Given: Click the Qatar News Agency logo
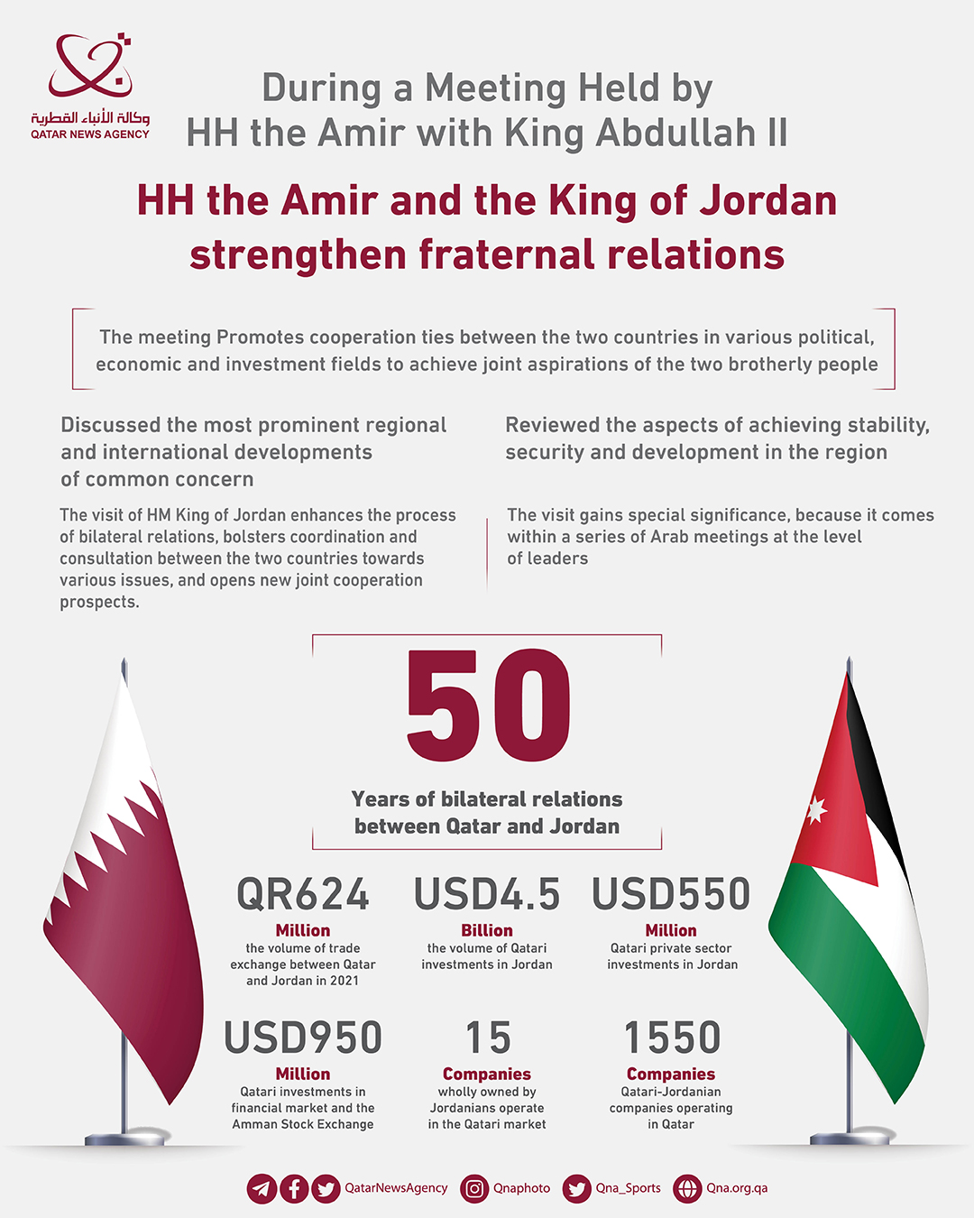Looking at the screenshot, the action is (90, 87).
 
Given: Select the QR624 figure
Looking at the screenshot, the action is (303, 894).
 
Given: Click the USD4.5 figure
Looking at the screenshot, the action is (487, 894).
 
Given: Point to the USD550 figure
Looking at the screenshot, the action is (671, 894).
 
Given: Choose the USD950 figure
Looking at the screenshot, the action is (303, 1038).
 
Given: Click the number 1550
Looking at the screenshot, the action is (672, 1038).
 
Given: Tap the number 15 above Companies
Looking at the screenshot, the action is (488, 1038).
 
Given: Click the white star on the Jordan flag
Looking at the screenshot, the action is (816, 809).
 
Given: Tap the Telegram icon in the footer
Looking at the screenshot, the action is (262, 1188).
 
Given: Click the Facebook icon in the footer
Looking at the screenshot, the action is (294, 1188).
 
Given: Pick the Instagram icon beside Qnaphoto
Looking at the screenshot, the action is (474, 1188).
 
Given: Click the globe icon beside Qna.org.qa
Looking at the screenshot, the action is (687, 1188).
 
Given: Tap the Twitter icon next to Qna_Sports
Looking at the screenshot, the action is (577, 1188).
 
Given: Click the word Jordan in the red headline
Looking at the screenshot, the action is (767, 200).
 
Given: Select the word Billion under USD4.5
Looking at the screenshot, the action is (487, 930).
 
